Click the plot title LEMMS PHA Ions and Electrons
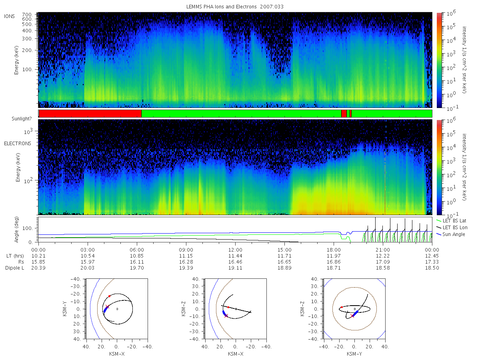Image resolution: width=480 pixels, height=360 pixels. click(x=221, y=7)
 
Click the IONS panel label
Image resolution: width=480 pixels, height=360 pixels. click(x=9, y=16)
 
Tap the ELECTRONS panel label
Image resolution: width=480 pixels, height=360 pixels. click(x=18, y=143)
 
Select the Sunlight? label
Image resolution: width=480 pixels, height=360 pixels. click(x=22, y=119)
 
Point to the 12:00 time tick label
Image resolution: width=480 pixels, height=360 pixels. click(x=235, y=250)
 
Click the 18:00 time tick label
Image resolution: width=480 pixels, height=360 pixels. click(x=334, y=250)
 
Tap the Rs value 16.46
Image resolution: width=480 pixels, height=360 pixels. click(x=235, y=262)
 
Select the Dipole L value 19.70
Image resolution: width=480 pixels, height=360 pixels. click(x=137, y=268)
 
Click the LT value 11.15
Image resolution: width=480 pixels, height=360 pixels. click(x=186, y=256)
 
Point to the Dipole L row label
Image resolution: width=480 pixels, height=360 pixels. click(x=14, y=268)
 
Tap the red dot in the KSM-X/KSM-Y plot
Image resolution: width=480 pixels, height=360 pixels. click(x=109, y=296)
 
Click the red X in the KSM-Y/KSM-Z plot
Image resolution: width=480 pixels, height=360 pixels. click(x=352, y=316)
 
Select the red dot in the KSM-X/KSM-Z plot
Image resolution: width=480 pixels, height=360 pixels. click(x=228, y=307)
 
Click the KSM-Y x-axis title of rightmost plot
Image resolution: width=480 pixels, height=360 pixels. click(x=354, y=354)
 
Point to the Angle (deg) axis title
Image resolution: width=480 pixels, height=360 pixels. click(x=17, y=230)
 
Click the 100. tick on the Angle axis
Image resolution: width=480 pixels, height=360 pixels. click(x=28, y=228)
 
